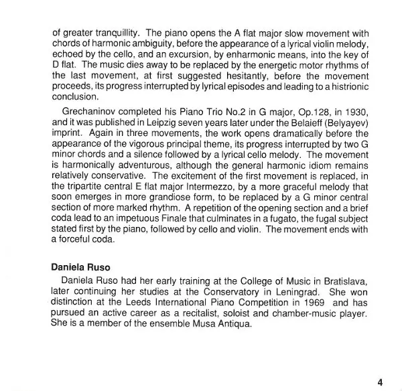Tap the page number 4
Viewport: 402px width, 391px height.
(x=380, y=382)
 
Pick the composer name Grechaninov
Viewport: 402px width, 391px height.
(x=92, y=112)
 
